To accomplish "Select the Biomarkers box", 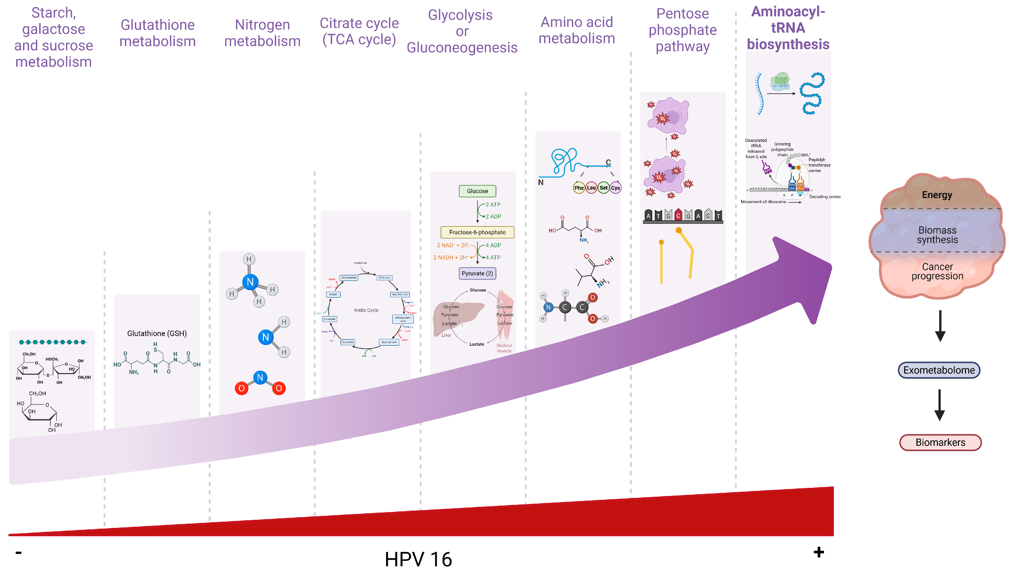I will pos(940,442).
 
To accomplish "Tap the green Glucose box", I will pos(477,191).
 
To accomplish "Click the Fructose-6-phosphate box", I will pos(477,232).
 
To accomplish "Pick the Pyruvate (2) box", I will pos(477,273).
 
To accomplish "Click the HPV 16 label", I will pos(418,559).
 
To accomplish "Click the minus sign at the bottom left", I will pos(18,552).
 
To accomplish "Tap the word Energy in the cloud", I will pos(937,195).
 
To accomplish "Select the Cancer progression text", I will pos(937,271).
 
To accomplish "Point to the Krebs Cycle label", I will pos(366,310).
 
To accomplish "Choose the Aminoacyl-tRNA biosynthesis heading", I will pos(788,28).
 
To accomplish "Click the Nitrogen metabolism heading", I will pos(262,33).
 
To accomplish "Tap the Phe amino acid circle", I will pos(579,188).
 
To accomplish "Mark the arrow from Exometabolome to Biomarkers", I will pos(940,405).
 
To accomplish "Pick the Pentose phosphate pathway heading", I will pos(682,30).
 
